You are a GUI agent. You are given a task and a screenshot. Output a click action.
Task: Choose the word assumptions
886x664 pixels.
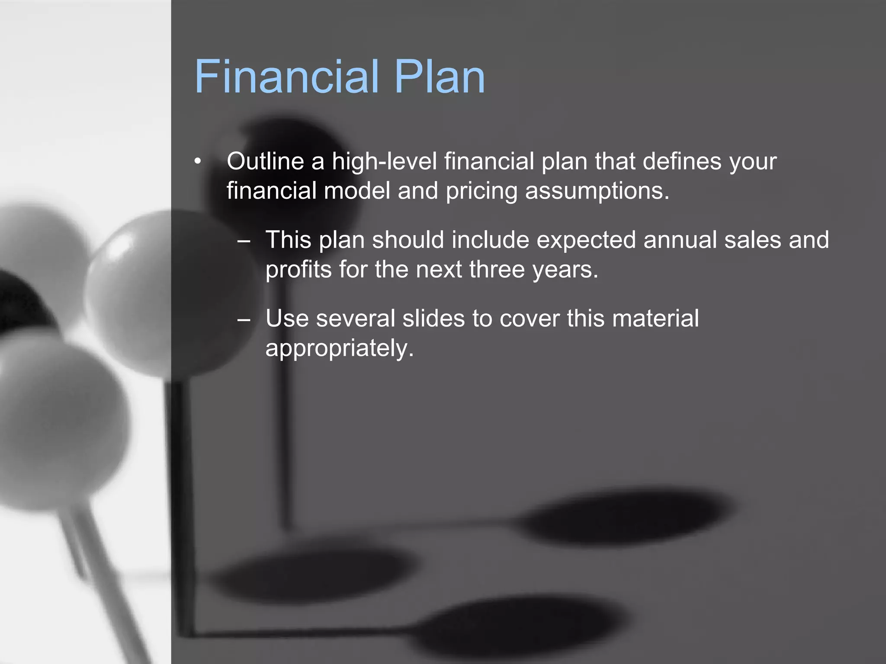[597, 191]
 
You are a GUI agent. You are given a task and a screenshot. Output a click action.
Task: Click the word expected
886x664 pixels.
[586, 240]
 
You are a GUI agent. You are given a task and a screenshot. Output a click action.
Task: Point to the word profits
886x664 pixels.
[299, 269]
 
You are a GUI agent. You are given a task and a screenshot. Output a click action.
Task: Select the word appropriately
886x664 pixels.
[339, 348]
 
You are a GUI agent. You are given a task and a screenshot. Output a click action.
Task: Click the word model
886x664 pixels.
[357, 191]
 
